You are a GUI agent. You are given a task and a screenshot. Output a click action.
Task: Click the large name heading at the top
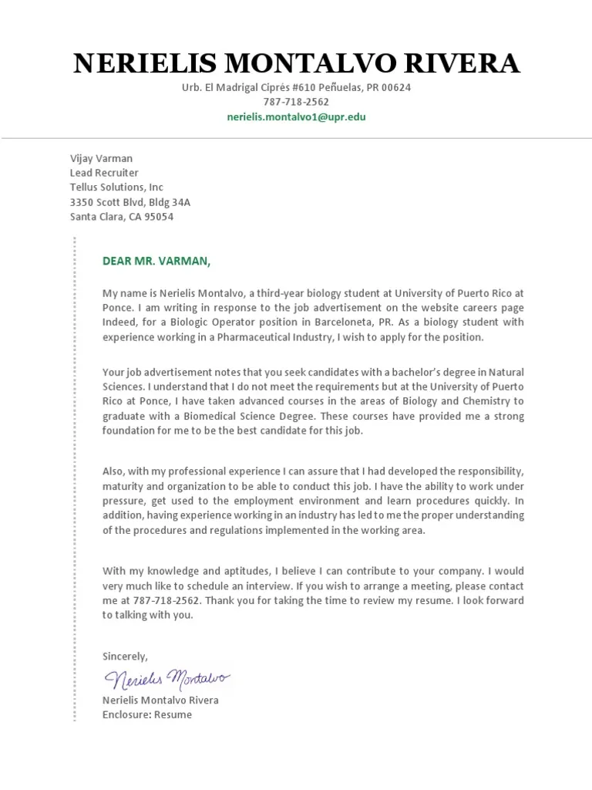tap(296, 63)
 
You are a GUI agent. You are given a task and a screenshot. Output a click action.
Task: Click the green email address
tap(296, 117)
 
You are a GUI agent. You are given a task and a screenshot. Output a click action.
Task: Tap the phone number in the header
tap(296, 102)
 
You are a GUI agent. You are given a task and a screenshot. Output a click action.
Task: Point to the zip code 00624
tap(396, 87)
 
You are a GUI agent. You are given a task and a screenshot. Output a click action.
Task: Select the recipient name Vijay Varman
tap(101, 158)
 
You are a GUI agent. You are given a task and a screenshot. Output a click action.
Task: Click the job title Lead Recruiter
tap(104, 173)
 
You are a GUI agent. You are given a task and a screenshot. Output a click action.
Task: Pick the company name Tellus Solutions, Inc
tap(116, 187)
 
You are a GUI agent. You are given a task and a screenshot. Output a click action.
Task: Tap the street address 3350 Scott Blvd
tap(112, 202)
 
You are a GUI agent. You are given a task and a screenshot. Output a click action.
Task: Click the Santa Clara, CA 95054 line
tap(122, 217)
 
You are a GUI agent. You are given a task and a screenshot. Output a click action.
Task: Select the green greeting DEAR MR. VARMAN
tap(156, 261)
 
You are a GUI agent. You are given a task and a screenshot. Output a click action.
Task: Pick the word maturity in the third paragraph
tap(123, 486)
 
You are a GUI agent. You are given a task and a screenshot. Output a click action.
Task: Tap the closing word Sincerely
tap(125, 656)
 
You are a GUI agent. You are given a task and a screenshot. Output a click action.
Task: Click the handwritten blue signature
tap(166, 679)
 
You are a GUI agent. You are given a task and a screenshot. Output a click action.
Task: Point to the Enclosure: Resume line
tap(147, 715)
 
